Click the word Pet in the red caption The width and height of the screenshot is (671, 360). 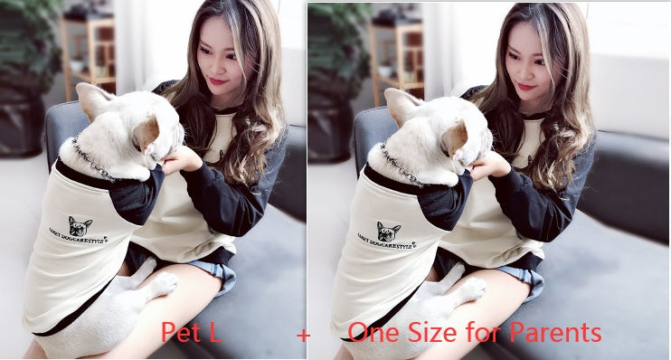point(181,333)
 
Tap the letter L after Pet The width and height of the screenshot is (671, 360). point(213,333)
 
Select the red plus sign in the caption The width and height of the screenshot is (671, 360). point(303,336)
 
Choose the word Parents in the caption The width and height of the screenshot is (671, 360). point(555,333)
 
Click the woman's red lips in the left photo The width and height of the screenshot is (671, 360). point(217,81)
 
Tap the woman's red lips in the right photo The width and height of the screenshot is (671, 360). point(525,86)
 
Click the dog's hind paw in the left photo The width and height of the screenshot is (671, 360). point(164,284)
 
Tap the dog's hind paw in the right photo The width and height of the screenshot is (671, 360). point(472,289)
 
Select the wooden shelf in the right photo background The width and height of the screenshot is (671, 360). point(398,54)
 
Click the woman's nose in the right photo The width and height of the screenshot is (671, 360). point(519,72)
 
